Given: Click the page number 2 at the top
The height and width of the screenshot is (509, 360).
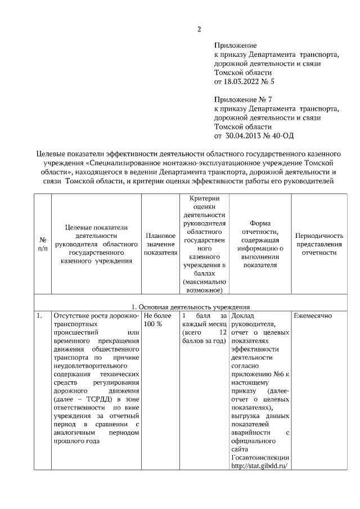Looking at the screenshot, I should pyautogui.click(x=199, y=29).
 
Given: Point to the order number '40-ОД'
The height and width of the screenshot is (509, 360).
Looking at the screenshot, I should pyautogui.click(x=283, y=135).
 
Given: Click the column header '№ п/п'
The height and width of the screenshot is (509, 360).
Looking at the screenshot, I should pyautogui.click(x=42, y=244).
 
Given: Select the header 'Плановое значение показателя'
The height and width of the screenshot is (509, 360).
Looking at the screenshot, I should pyautogui.click(x=160, y=244).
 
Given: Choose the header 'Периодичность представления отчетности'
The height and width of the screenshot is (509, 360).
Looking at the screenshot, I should pyautogui.click(x=319, y=244).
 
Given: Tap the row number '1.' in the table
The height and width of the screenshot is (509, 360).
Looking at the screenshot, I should pyautogui.click(x=40, y=316).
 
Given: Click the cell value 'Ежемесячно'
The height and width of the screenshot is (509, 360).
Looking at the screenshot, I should pyautogui.click(x=312, y=316).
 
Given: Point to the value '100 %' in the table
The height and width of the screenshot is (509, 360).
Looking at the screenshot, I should pyautogui.click(x=153, y=325).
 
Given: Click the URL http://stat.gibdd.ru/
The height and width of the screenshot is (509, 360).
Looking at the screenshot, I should pyautogui.click(x=259, y=466).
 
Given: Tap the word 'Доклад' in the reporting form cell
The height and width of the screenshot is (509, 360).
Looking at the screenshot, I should pyautogui.click(x=242, y=316).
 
